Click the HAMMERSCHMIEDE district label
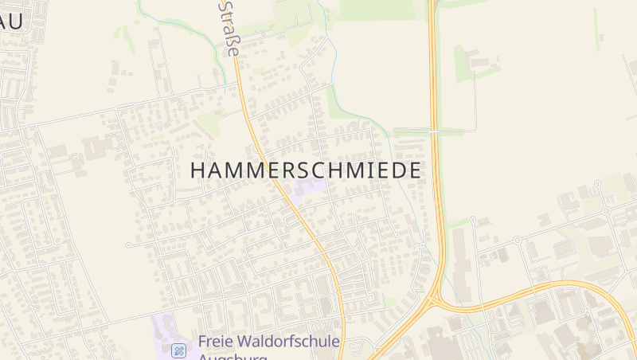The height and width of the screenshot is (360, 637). click(306, 170)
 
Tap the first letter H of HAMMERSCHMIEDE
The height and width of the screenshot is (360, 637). click(199, 170)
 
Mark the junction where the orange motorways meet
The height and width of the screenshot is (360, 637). click(432, 301)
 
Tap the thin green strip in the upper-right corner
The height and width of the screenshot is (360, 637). click(596, 28)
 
